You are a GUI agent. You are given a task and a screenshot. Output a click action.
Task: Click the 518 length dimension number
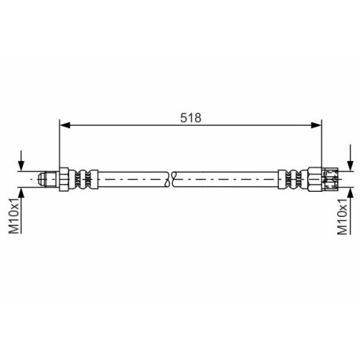click(x=191, y=118)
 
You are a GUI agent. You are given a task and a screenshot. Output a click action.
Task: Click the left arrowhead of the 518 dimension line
click(x=65, y=125)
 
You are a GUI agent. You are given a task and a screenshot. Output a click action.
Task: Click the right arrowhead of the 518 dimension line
click(x=316, y=125)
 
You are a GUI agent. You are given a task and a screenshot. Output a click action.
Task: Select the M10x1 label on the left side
click(x=14, y=215)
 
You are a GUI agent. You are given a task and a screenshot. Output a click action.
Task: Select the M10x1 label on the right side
click(x=342, y=216)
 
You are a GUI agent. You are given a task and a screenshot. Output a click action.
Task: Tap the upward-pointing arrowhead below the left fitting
click(x=21, y=193)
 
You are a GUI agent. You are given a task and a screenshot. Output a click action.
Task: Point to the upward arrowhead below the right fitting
click(x=351, y=193)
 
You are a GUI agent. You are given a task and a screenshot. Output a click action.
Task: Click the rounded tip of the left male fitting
click(x=42, y=179)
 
